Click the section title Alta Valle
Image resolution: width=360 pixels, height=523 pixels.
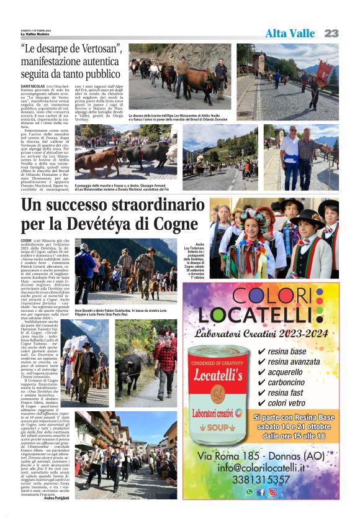click(x=290, y=34)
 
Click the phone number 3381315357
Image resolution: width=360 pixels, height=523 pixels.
click(x=261, y=480)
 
